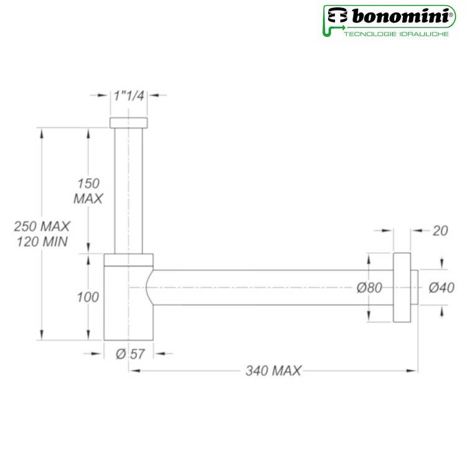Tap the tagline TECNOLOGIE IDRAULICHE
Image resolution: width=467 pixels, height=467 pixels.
(x=397, y=34)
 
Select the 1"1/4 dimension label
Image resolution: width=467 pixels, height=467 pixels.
(x=129, y=96)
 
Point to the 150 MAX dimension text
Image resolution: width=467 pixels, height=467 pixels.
(x=88, y=191)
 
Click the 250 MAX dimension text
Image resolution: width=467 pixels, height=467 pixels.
(x=42, y=227)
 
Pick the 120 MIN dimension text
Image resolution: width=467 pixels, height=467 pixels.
(x=42, y=242)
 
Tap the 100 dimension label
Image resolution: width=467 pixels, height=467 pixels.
(x=88, y=297)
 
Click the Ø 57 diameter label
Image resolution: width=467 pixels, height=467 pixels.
(x=130, y=354)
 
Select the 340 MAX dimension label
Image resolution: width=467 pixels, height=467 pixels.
(x=273, y=371)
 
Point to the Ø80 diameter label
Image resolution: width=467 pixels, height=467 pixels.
(x=369, y=288)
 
